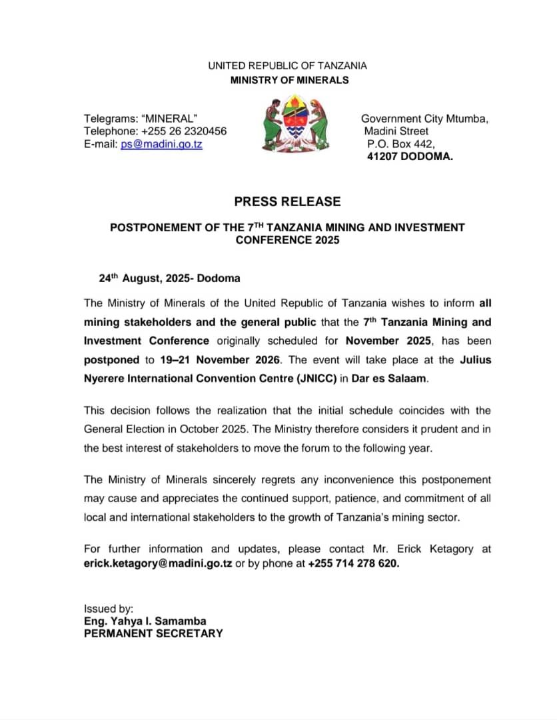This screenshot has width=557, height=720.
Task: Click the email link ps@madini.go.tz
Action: click(161, 144)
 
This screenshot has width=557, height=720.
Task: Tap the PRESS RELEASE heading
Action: click(287, 201)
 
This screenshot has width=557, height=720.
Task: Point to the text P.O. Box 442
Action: click(400, 144)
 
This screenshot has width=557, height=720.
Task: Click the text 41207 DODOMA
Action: click(410, 157)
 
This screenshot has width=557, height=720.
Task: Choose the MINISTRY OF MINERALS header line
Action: click(289, 80)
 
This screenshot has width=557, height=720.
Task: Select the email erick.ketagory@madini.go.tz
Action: click(158, 563)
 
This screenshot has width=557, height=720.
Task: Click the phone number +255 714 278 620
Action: click(353, 563)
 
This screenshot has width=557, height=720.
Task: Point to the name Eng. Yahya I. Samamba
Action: click(145, 621)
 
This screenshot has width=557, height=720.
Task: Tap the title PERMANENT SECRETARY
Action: click(153, 633)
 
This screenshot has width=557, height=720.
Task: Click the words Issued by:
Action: click(109, 609)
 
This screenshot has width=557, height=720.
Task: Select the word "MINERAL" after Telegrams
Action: click(175, 119)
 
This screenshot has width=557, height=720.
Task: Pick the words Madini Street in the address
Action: click(396, 131)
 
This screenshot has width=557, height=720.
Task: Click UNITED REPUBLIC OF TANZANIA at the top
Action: click(287, 66)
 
